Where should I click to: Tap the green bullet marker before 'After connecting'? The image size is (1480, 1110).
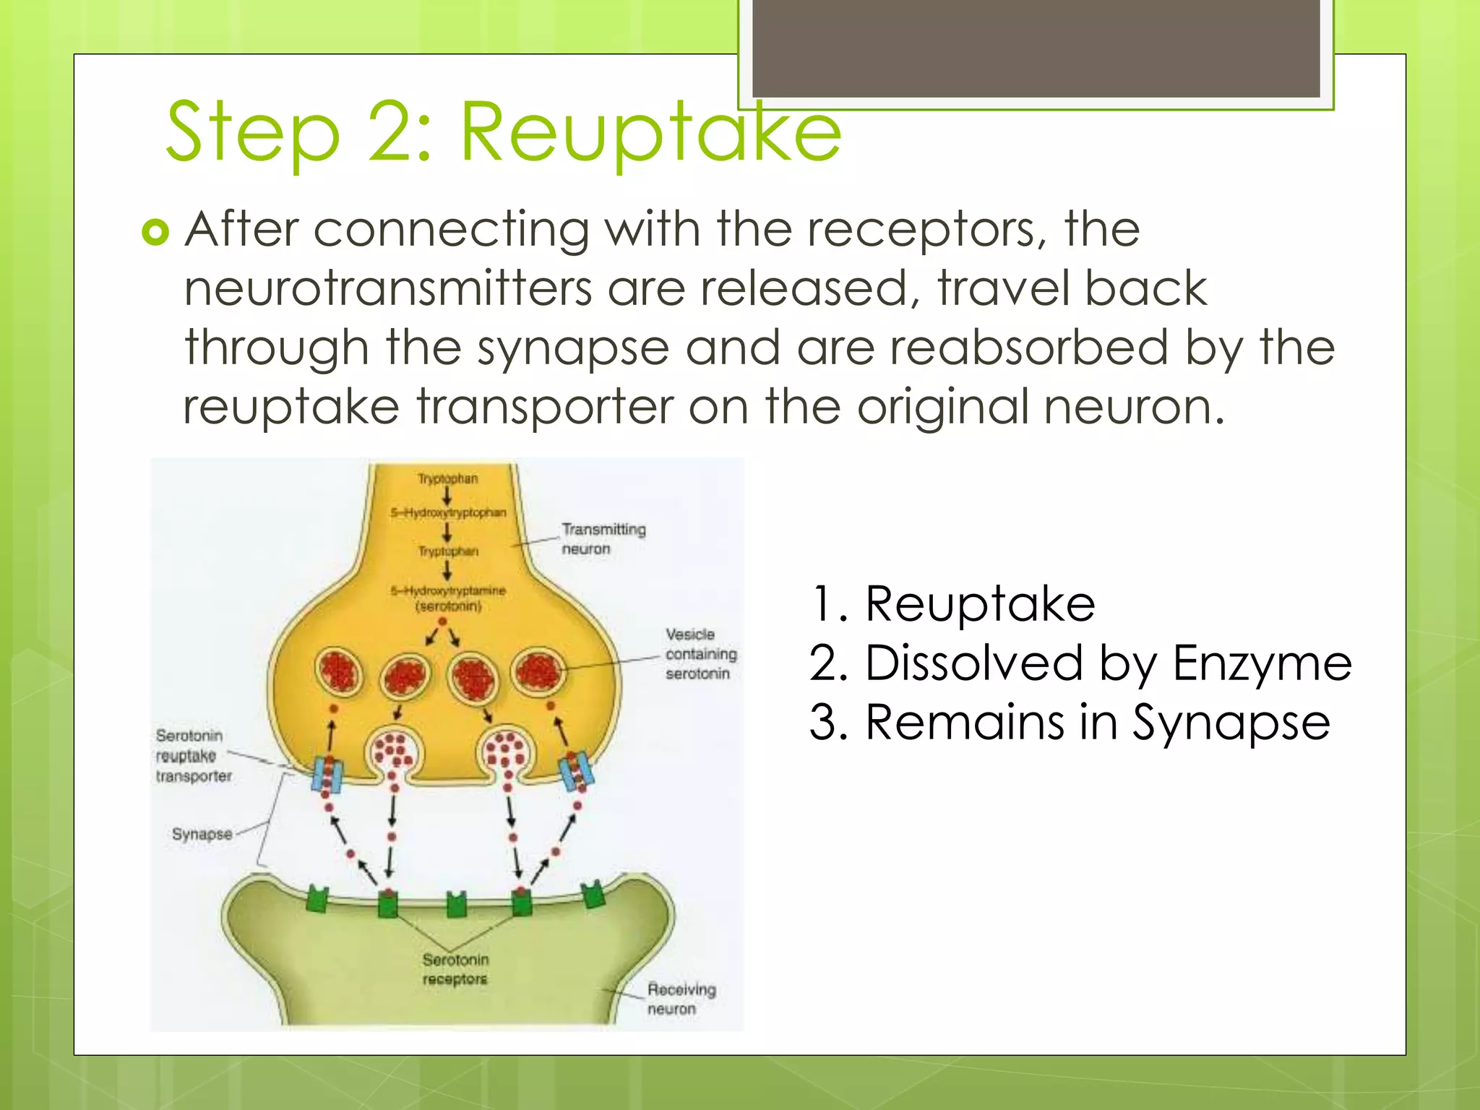point(155,232)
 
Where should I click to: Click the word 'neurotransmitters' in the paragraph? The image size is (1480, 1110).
point(387,289)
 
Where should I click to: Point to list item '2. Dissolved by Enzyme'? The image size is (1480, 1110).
point(1080,663)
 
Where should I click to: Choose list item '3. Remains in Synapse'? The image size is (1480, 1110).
point(1070,722)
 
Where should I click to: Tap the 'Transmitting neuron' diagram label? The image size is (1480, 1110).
point(603,539)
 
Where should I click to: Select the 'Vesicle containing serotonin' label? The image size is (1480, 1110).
point(700,654)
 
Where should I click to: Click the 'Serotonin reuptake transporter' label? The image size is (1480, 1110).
point(193,756)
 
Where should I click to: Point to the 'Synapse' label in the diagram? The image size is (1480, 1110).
point(202,834)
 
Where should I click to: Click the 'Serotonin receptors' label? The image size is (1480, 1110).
point(455,969)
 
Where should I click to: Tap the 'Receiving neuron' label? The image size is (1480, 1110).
point(681,999)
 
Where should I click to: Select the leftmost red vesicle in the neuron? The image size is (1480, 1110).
point(339,671)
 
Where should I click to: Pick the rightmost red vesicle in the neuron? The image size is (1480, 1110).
point(538,671)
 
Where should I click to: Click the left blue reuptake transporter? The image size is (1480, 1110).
point(326,774)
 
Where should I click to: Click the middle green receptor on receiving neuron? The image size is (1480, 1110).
point(456,904)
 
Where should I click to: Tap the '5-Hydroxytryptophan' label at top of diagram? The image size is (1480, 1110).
point(448,512)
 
